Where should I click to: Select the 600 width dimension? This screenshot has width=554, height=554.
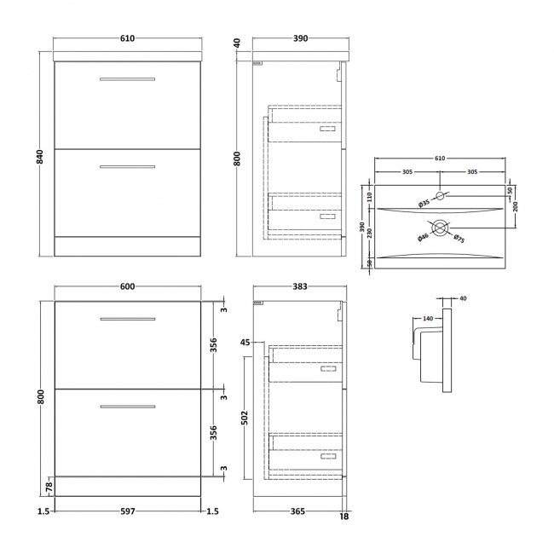128,286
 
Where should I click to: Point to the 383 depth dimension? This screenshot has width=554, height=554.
299,286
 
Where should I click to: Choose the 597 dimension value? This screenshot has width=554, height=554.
128,512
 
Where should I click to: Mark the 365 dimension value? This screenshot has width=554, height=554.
297,512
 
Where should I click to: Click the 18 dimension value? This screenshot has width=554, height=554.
343,516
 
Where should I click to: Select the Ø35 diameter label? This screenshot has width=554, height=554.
424,203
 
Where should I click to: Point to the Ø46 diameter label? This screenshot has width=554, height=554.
423,238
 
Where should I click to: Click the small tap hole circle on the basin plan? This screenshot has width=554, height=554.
440,196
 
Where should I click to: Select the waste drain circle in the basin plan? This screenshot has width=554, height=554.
440,228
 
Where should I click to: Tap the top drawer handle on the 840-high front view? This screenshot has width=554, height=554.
127,79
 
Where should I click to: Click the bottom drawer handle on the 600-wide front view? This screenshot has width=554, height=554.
127,406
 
